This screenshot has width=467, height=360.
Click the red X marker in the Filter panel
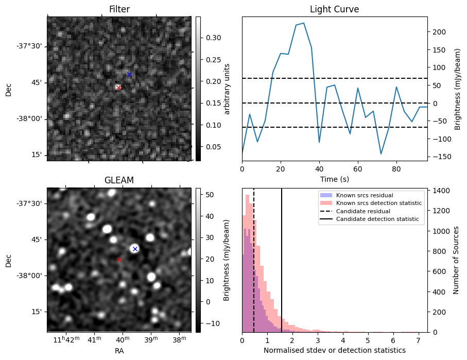click(x=118, y=88)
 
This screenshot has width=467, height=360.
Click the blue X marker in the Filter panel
click(x=129, y=75)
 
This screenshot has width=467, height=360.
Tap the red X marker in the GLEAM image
click(x=119, y=260)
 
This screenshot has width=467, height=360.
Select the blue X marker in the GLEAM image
click(x=135, y=249)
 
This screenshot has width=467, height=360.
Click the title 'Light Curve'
click(x=334, y=9)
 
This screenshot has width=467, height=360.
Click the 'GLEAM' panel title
click(x=119, y=180)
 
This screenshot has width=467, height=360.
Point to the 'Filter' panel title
click(x=119, y=9)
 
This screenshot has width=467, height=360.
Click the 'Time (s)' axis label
click(x=334, y=179)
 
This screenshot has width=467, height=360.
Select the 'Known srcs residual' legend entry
click(x=364, y=196)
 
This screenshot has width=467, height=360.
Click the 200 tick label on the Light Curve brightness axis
click(x=438, y=31)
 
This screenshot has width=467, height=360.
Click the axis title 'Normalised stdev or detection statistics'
click(x=334, y=350)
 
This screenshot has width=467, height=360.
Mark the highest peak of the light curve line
click(x=304, y=23)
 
